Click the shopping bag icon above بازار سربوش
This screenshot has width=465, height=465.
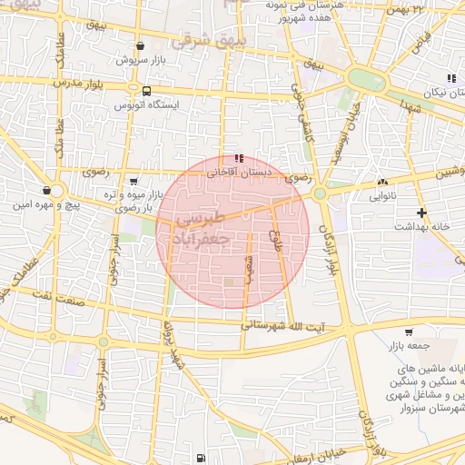click(139, 45)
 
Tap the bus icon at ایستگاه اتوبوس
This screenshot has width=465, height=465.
click(147, 91)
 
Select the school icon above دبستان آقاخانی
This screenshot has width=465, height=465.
click(239, 157)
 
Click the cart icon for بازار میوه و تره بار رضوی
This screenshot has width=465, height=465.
click(134, 182)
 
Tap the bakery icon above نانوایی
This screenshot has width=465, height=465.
click(381, 182)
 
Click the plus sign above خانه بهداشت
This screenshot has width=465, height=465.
click(421, 212)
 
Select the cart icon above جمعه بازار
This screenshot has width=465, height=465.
click(409, 331)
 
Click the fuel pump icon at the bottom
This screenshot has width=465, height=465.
click(199, 458)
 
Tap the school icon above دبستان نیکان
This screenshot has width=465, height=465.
click(451, 79)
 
